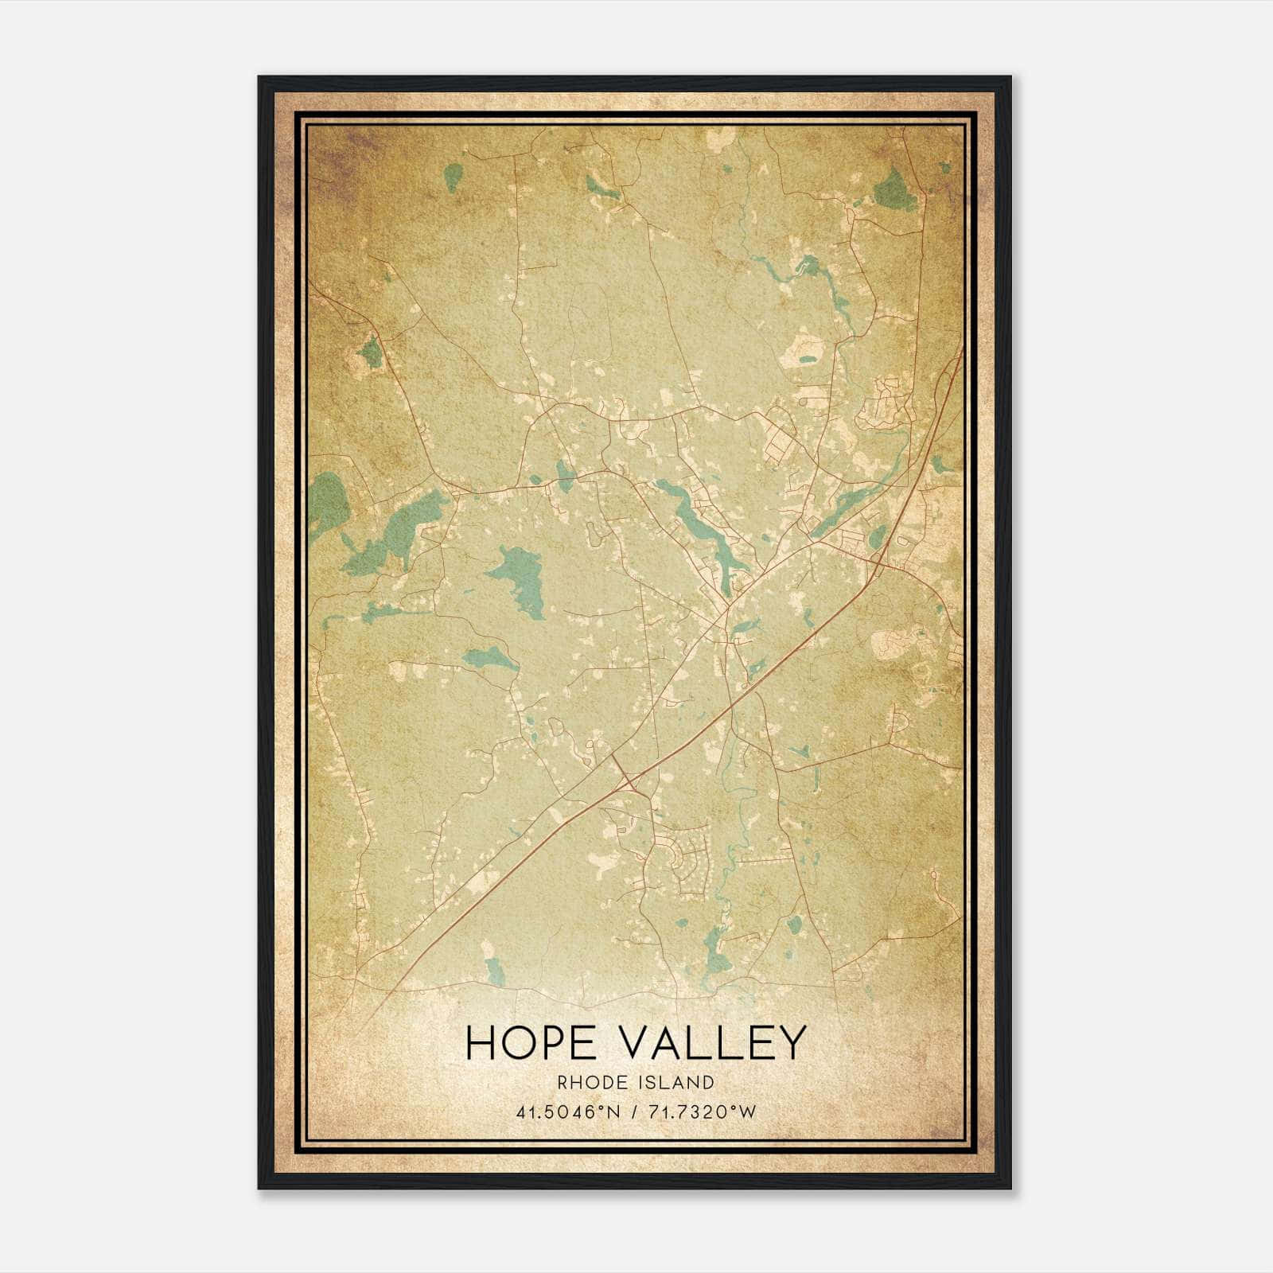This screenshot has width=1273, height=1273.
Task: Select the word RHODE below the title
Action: click(592, 1082)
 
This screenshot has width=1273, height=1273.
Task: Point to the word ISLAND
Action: click(676, 1082)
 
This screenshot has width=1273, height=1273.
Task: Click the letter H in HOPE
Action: click(480, 1042)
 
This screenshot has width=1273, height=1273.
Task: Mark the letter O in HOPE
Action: click(513, 1042)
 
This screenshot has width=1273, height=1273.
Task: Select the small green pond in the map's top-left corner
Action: click(453, 177)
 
